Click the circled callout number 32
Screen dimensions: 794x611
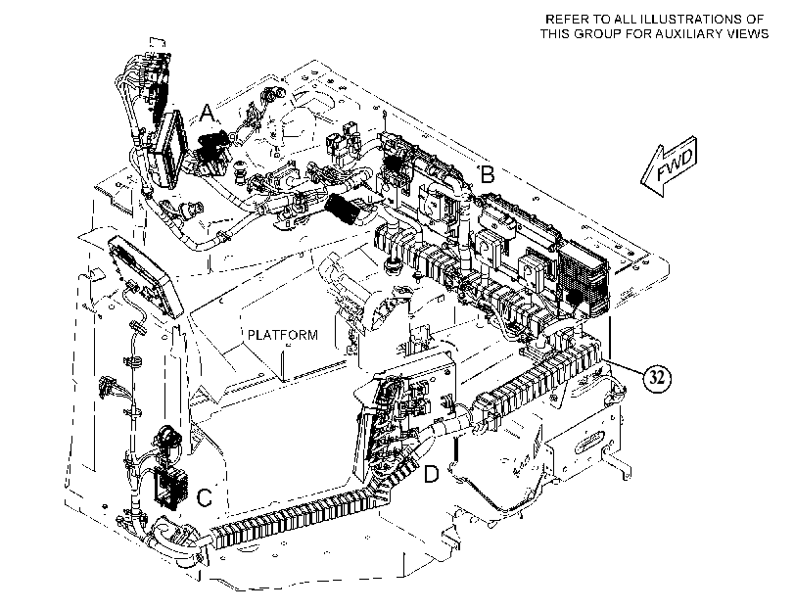(657, 378)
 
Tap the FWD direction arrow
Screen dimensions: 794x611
(669, 165)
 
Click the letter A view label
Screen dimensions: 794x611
(208, 114)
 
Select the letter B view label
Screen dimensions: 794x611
(487, 174)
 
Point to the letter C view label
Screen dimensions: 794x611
(204, 497)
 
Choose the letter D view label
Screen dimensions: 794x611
(431, 474)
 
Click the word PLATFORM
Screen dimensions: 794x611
(283, 335)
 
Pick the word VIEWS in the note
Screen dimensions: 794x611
(751, 34)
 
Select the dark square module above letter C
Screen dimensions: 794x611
(171, 488)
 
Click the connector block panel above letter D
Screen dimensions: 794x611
(405, 400)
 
